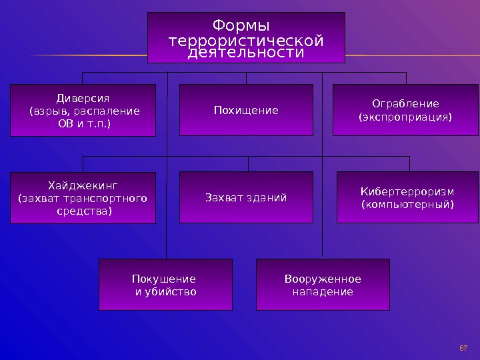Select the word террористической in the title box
(x=246, y=41)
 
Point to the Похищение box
(x=246, y=110)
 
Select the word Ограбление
(x=405, y=103)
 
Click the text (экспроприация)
(x=405, y=117)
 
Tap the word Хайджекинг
(x=83, y=185)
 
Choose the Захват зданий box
(x=246, y=197)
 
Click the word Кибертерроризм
(x=407, y=192)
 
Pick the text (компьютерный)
(x=407, y=204)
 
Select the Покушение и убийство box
(x=165, y=285)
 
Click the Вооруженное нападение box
(x=323, y=285)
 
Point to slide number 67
(x=464, y=348)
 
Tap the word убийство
(x=171, y=291)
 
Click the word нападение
(x=323, y=291)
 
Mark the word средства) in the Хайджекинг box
(x=83, y=211)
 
